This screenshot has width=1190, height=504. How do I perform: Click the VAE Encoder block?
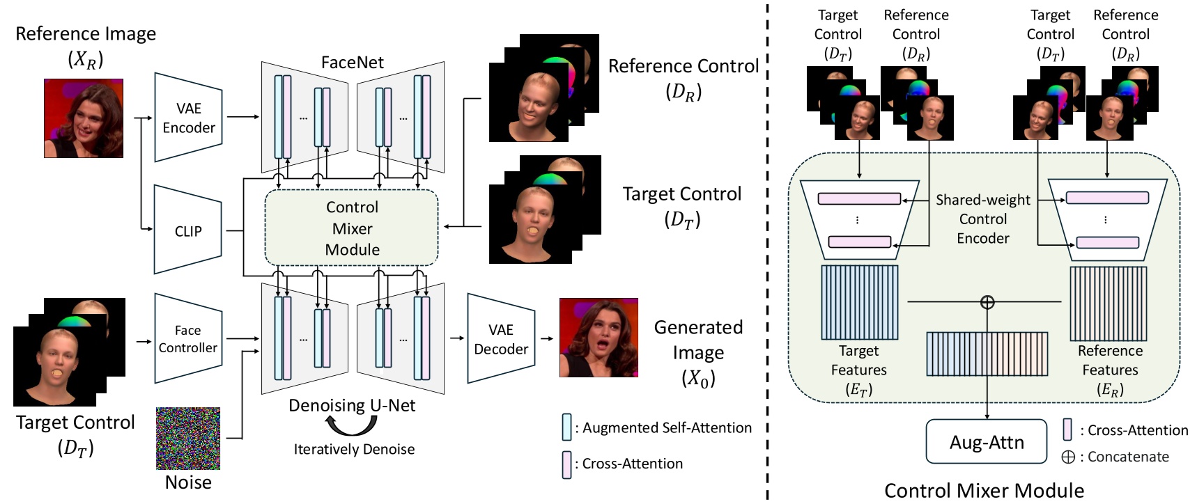pyautogui.click(x=188, y=118)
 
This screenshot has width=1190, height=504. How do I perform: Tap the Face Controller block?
pyautogui.click(x=187, y=338)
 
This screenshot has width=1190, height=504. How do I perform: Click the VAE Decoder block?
pyautogui.click(x=500, y=339)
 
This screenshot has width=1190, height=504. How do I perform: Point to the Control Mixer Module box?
pyautogui.click(x=352, y=228)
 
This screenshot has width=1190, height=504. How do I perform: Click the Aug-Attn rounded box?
pyautogui.click(x=987, y=442)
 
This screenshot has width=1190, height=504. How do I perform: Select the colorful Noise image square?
pyautogui.click(x=188, y=439)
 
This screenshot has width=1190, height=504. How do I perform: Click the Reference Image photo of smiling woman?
pyautogui.click(x=84, y=118)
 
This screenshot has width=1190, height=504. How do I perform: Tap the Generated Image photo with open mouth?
pyautogui.click(x=598, y=338)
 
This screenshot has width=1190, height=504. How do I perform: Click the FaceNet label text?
pyautogui.click(x=352, y=62)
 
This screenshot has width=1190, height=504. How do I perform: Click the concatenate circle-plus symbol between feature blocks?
pyautogui.click(x=987, y=301)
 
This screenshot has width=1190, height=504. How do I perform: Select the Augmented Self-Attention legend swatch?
pyautogui.click(x=567, y=427)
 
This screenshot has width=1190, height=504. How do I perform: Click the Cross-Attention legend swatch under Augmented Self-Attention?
pyautogui.click(x=567, y=464)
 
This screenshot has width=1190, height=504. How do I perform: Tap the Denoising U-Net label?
pyautogui.click(x=352, y=405)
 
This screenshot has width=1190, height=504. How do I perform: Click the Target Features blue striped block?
pyautogui.click(x=859, y=302)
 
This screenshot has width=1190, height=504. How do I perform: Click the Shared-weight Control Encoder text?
pyautogui.click(x=982, y=219)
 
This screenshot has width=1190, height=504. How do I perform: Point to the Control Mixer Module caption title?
pyautogui.click(x=984, y=491)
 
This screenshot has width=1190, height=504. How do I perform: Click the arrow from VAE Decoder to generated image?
pyautogui.click(x=547, y=339)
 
